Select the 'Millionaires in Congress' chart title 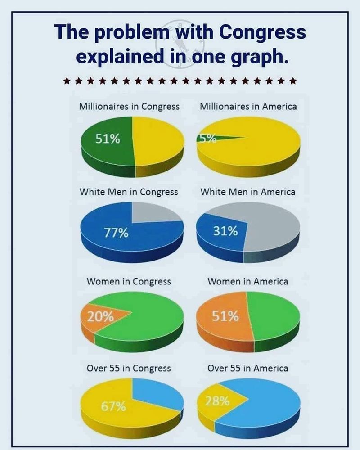(129, 107)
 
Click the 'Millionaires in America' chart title (248, 107)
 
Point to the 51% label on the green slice (108, 139)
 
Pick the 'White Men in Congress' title (129, 192)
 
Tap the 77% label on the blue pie (117, 233)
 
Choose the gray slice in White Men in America (270, 229)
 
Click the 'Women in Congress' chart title (129, 281)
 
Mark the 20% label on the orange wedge (100, 316)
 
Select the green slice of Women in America (274, 313)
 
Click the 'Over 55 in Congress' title (129, 368)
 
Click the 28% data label (218, 401)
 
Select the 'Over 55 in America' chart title (248, 368)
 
